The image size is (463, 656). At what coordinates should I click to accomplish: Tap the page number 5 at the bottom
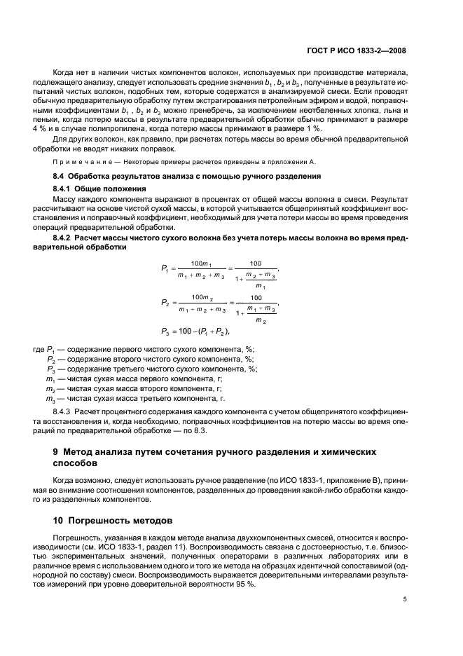coord(405,599)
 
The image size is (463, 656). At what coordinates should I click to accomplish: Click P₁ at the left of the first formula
coord(165,267)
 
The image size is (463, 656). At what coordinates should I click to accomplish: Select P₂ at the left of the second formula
coord(165,303)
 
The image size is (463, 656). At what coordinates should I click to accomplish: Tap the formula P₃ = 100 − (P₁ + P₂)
coord(196,331)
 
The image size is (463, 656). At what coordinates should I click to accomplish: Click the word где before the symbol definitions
coord(39,349)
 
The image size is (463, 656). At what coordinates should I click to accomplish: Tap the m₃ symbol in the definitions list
coord(50,398)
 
